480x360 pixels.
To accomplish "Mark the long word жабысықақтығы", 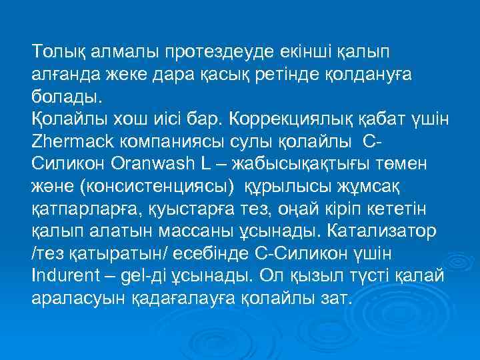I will point(302,164).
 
